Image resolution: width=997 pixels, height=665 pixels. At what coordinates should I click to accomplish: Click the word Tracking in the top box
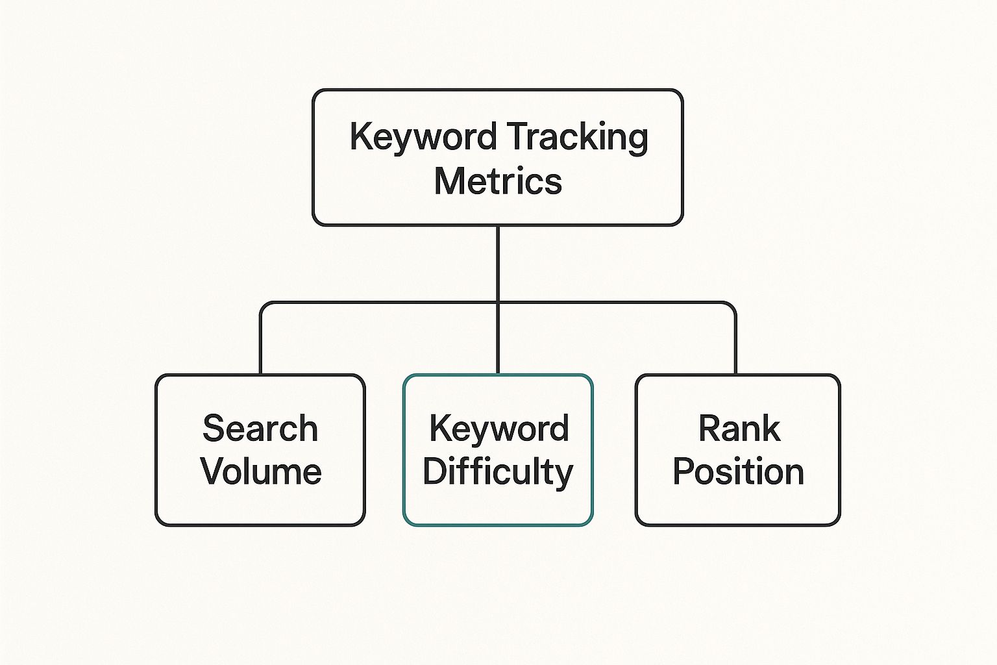click(x=576, y=138)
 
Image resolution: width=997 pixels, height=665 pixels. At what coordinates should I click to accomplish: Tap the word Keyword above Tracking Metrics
click(x=423, y=138)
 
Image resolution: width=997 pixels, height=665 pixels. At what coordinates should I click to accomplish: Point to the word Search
click(x=260, y=429)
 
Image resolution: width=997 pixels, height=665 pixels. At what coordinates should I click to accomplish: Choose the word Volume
click(x=261, y=471)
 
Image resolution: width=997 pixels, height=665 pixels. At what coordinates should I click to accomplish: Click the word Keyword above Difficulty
click(x=498, y=429)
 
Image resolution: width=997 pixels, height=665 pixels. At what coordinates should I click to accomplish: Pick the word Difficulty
click(x=498, y=471)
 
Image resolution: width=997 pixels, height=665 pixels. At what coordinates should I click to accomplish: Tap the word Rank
click(x=739, y=429)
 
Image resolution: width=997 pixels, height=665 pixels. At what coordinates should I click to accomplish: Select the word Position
click(x=738, y=471)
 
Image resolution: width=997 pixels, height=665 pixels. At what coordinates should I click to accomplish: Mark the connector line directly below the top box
click(x=498, y=263)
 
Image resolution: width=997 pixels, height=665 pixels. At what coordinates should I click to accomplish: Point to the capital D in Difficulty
click(x=435, y=471)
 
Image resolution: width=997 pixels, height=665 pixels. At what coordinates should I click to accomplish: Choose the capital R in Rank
click(x=709, y=429)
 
